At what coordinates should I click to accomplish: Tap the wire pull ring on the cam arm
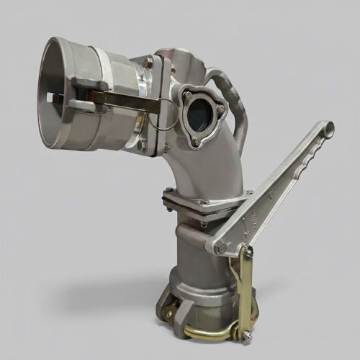pos(165,115)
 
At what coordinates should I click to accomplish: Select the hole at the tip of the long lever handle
pos(328,130)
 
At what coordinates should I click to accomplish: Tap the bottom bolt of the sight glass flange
pos(194,143)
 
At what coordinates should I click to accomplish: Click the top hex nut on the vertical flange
pos(148,63)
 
